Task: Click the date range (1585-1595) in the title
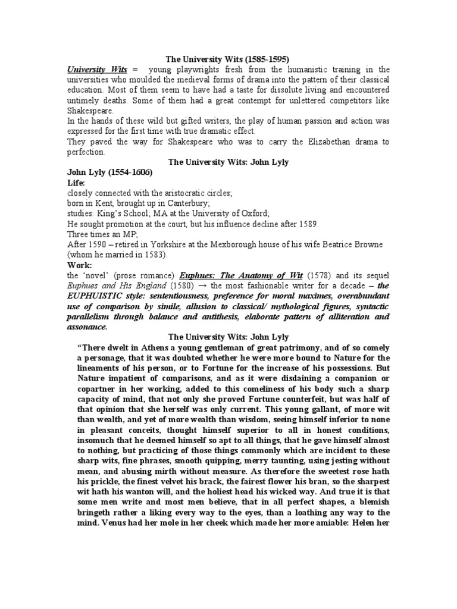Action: click(267, 59)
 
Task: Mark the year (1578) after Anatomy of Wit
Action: click(319, 275)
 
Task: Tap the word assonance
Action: click(87, 327)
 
